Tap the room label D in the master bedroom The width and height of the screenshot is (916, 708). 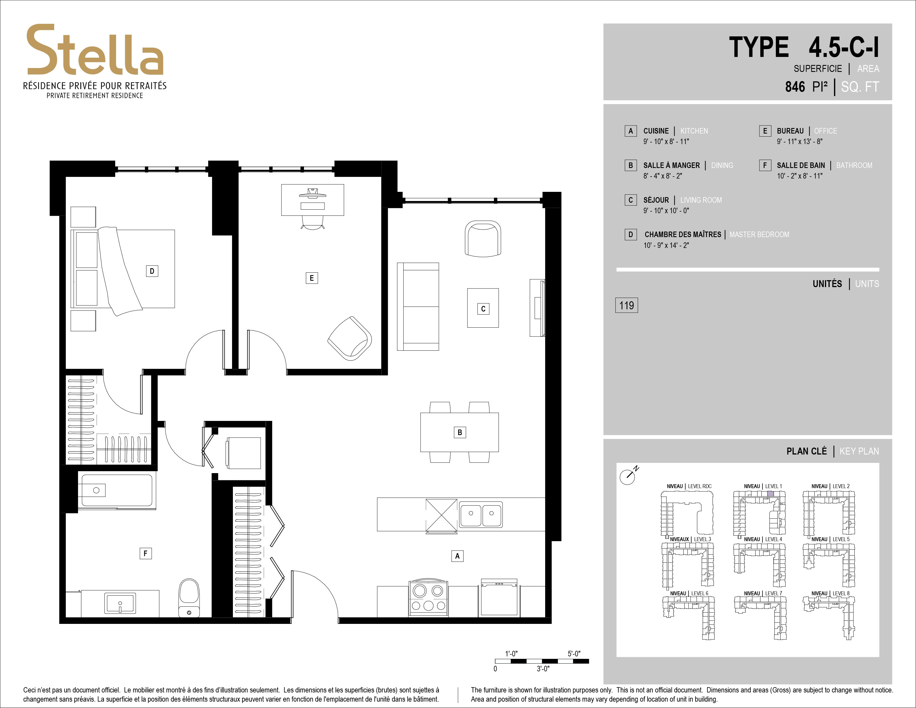(152, 271)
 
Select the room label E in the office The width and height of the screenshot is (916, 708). (312, 278)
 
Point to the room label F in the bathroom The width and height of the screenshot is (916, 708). (145, 553)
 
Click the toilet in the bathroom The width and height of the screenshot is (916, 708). (189, 598)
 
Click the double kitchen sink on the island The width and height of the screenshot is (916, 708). (481, 514)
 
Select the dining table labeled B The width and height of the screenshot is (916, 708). (460, 432)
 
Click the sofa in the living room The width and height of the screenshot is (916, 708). (418, 307)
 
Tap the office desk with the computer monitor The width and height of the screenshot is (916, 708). (313, 200)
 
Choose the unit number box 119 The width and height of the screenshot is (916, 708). (626, 305)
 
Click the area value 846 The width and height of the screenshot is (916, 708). (795, 87)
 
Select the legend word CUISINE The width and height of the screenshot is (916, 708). (656, 131)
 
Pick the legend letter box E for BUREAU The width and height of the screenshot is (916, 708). (765, 131)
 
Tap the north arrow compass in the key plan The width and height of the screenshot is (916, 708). (628, 475)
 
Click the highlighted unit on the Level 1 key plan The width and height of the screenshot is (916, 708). (771, 493)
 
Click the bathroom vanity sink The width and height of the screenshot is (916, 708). (120, 603)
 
